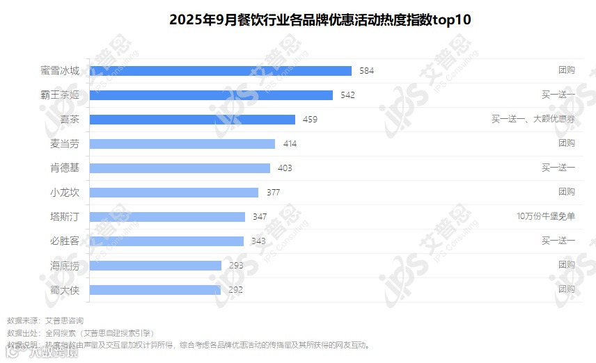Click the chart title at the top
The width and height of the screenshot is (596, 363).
tap(320, 19)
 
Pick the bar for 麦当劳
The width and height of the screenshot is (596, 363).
tap(182, 144)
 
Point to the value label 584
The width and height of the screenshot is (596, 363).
tap(366, 71)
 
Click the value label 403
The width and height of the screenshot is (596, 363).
tap(285, 168)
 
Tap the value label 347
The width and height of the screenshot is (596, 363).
tap(260, 217)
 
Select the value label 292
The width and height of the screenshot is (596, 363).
tap(235, 290)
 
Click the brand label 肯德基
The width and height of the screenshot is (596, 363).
tap(65, 168)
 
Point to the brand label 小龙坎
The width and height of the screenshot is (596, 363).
tap(65, 193)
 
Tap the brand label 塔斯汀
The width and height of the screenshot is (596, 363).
tap(65, 217)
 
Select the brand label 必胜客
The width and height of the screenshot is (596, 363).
tap(65, 241)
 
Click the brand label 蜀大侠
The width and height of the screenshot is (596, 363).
tap(65, 290)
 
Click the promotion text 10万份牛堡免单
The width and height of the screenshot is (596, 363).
tap(546, 217)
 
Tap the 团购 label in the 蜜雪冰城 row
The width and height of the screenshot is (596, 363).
tap(566, 71)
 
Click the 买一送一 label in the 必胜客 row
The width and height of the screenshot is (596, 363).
tap(558, 241)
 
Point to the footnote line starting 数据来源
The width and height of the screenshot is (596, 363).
tap(45, 321)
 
